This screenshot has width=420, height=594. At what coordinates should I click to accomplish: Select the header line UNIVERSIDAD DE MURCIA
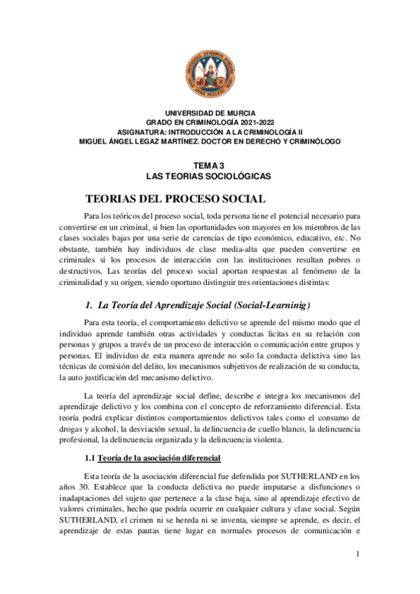(x=210, y=113)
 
